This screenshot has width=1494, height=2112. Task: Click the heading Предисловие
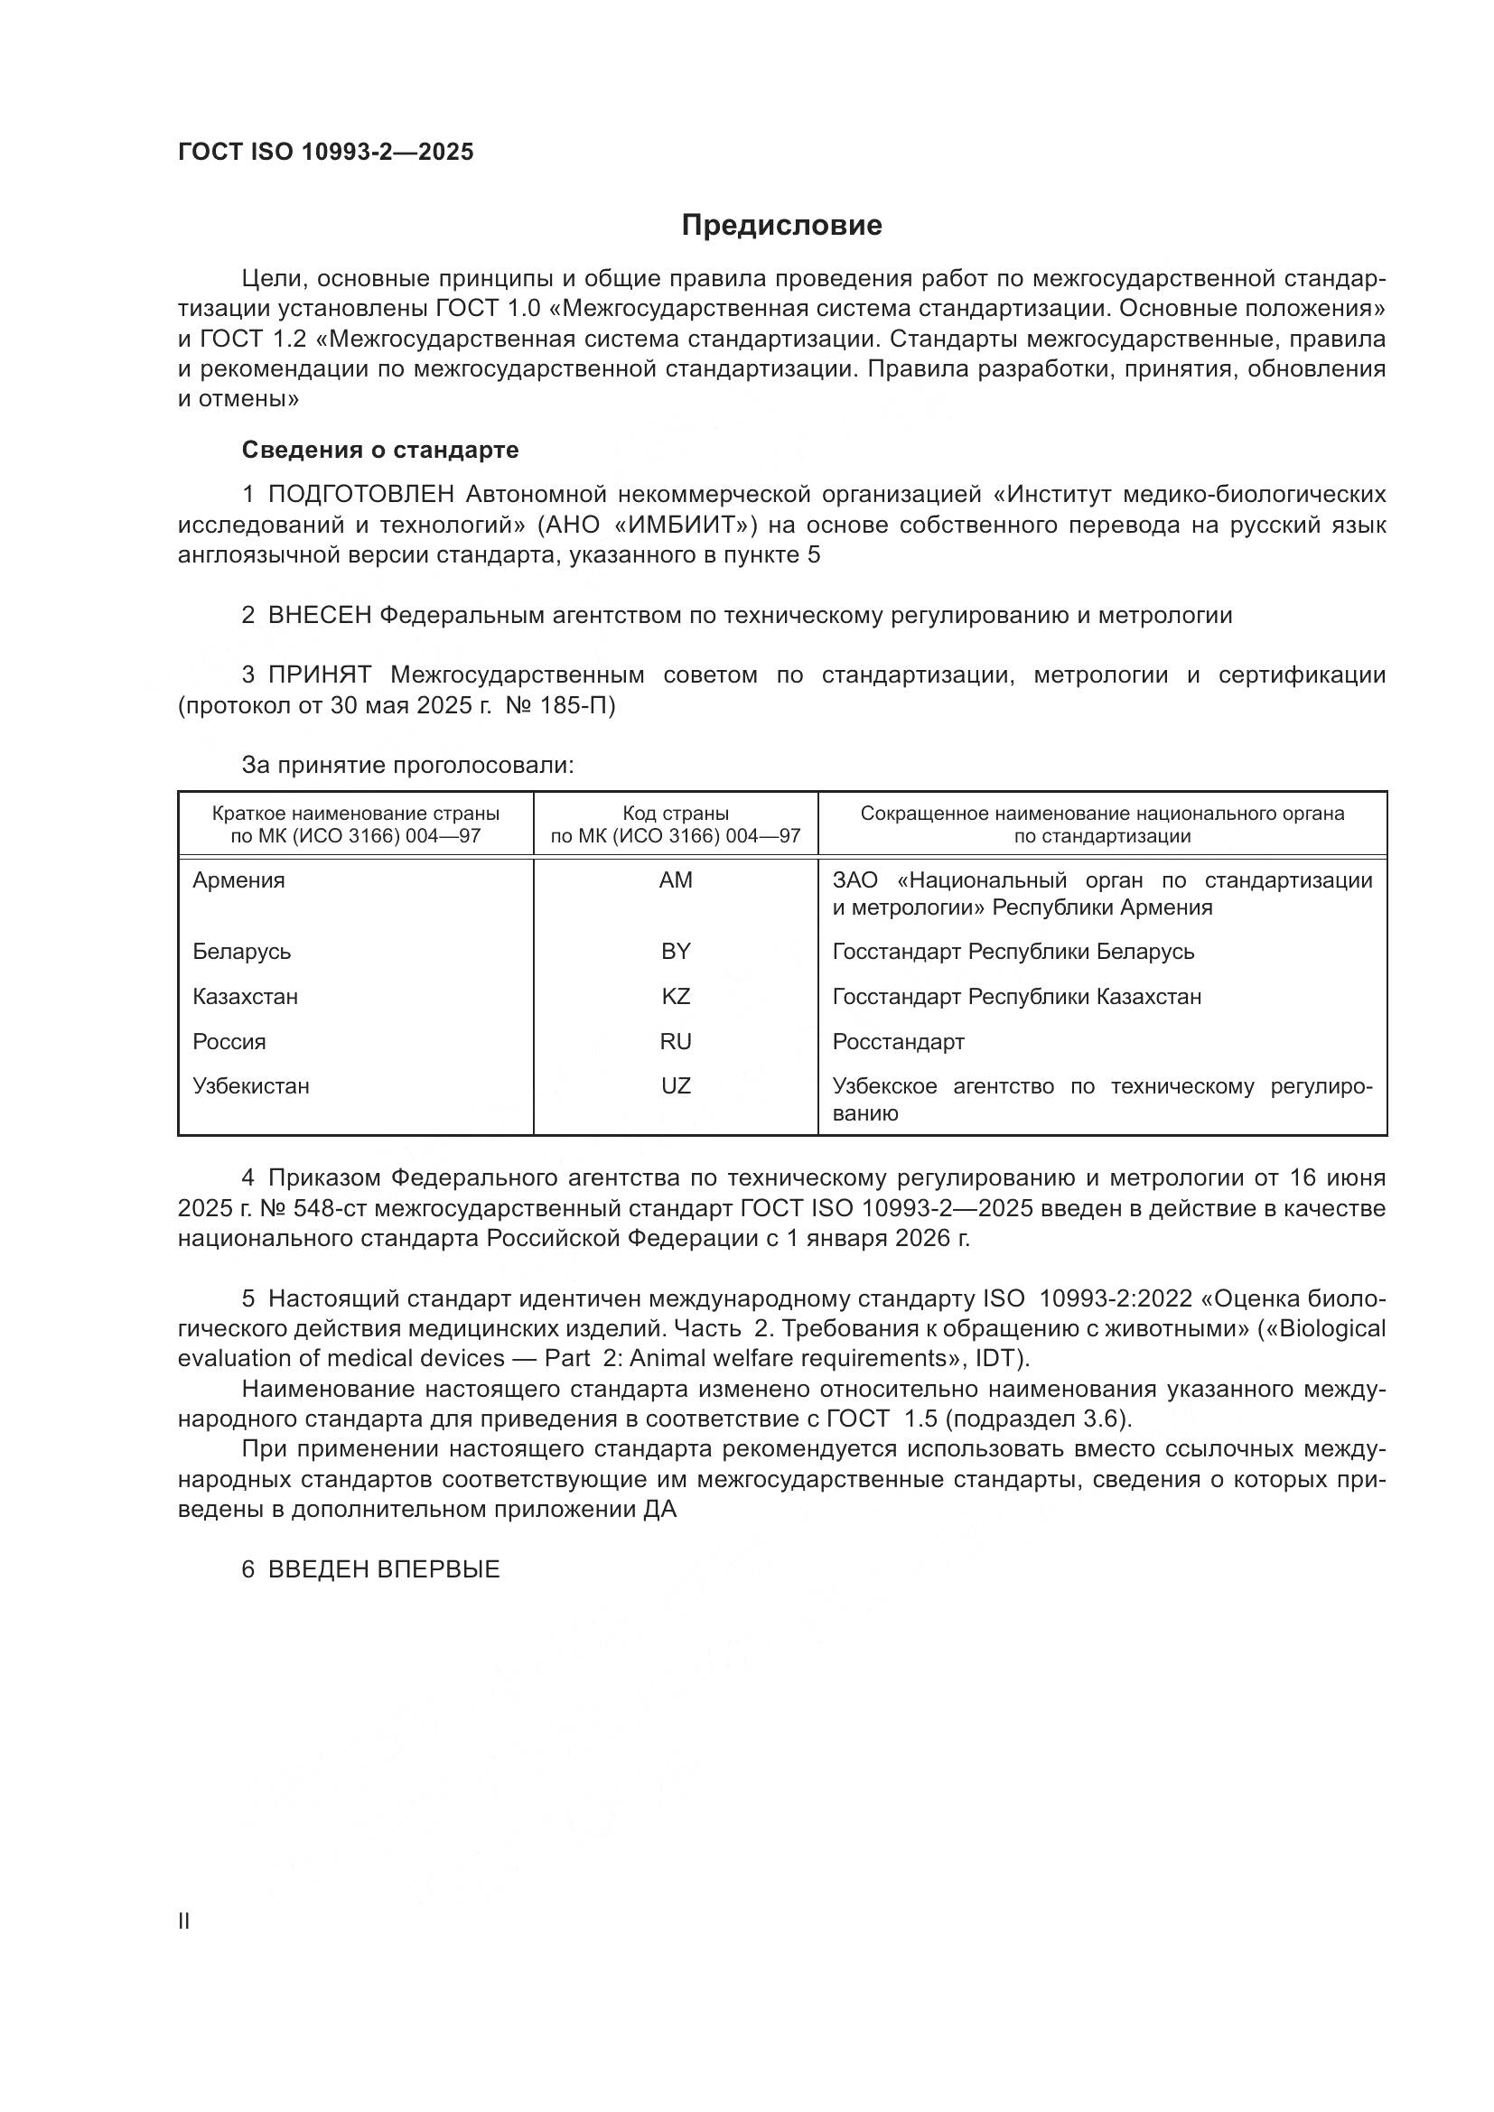pos(781,226)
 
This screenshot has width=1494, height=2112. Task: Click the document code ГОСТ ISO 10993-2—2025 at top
pos(326,152)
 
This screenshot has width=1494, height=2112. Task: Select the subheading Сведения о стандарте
pos(380,450)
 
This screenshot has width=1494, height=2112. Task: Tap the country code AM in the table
pos(676,880)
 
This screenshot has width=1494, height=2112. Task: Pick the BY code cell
pos(676,951)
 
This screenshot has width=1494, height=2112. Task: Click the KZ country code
pos(676,996)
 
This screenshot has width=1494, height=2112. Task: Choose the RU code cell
pos(676,1041)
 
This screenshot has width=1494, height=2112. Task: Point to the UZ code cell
pos(676,1085)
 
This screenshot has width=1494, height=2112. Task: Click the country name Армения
pos(238,880)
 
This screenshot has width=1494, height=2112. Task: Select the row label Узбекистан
pos(250,1085)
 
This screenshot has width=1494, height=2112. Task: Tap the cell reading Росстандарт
pos(898,1041)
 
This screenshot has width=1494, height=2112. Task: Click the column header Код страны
pos(676,814)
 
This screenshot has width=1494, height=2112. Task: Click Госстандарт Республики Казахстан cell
pos(1016,996)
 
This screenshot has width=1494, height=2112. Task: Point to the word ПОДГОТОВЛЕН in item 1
pos(360,495)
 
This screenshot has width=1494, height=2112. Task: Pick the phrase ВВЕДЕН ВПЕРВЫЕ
pos(384,1569)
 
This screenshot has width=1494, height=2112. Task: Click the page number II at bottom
pos(183,1921)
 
